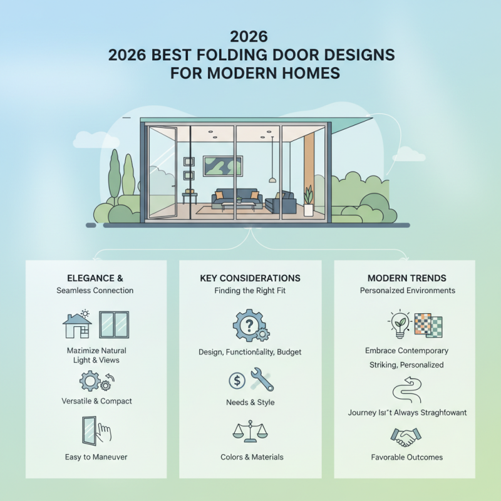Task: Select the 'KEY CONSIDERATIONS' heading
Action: pyautogui.click(x=250, y=277)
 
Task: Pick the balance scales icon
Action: pyautogui.click(x=249, y=431)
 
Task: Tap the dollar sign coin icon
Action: pyautogui.click(x=237, y=380)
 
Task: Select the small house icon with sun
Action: pyautogui.click(x=76, y=323)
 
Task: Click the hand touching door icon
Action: pyautogui.click(x=96, y=431)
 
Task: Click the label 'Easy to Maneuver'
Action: pyautogui.click(x=96, y=457)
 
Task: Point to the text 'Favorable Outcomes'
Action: pyautogui.click(x=406, y=457)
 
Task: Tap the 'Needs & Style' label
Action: pyautogui.click(x=250, y=402)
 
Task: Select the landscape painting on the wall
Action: pyautogui.click(x=223, y=166)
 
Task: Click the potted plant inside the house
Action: pyautogui.click(x=307, y=202)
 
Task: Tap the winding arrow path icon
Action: pyautogui.click(x=405, y=388)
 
